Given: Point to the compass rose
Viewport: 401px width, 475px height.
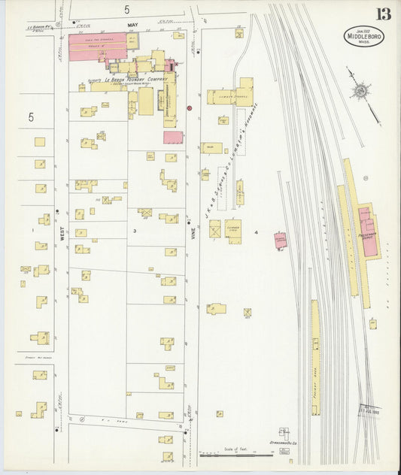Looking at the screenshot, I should [360, 92].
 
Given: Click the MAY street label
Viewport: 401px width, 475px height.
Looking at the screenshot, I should [134, 25].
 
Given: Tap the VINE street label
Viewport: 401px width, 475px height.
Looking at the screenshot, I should [192, 202].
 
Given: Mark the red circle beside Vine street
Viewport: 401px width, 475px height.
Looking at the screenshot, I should [190, 107].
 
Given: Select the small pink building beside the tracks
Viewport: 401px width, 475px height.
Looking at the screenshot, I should [280, 241].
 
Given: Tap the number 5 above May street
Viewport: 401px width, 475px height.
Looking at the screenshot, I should [127, 9].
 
